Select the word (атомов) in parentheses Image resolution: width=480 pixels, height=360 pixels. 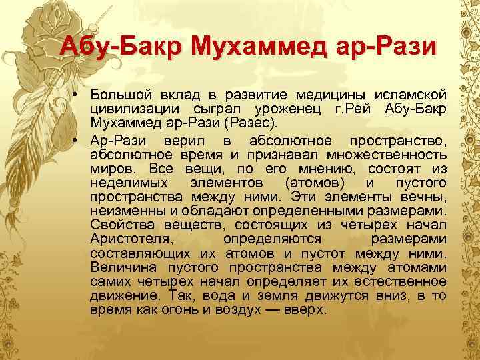pos(315,183)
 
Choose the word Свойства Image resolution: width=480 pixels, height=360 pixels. pos(117,225)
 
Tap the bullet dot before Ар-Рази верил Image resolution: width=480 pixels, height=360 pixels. pos(78,139)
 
